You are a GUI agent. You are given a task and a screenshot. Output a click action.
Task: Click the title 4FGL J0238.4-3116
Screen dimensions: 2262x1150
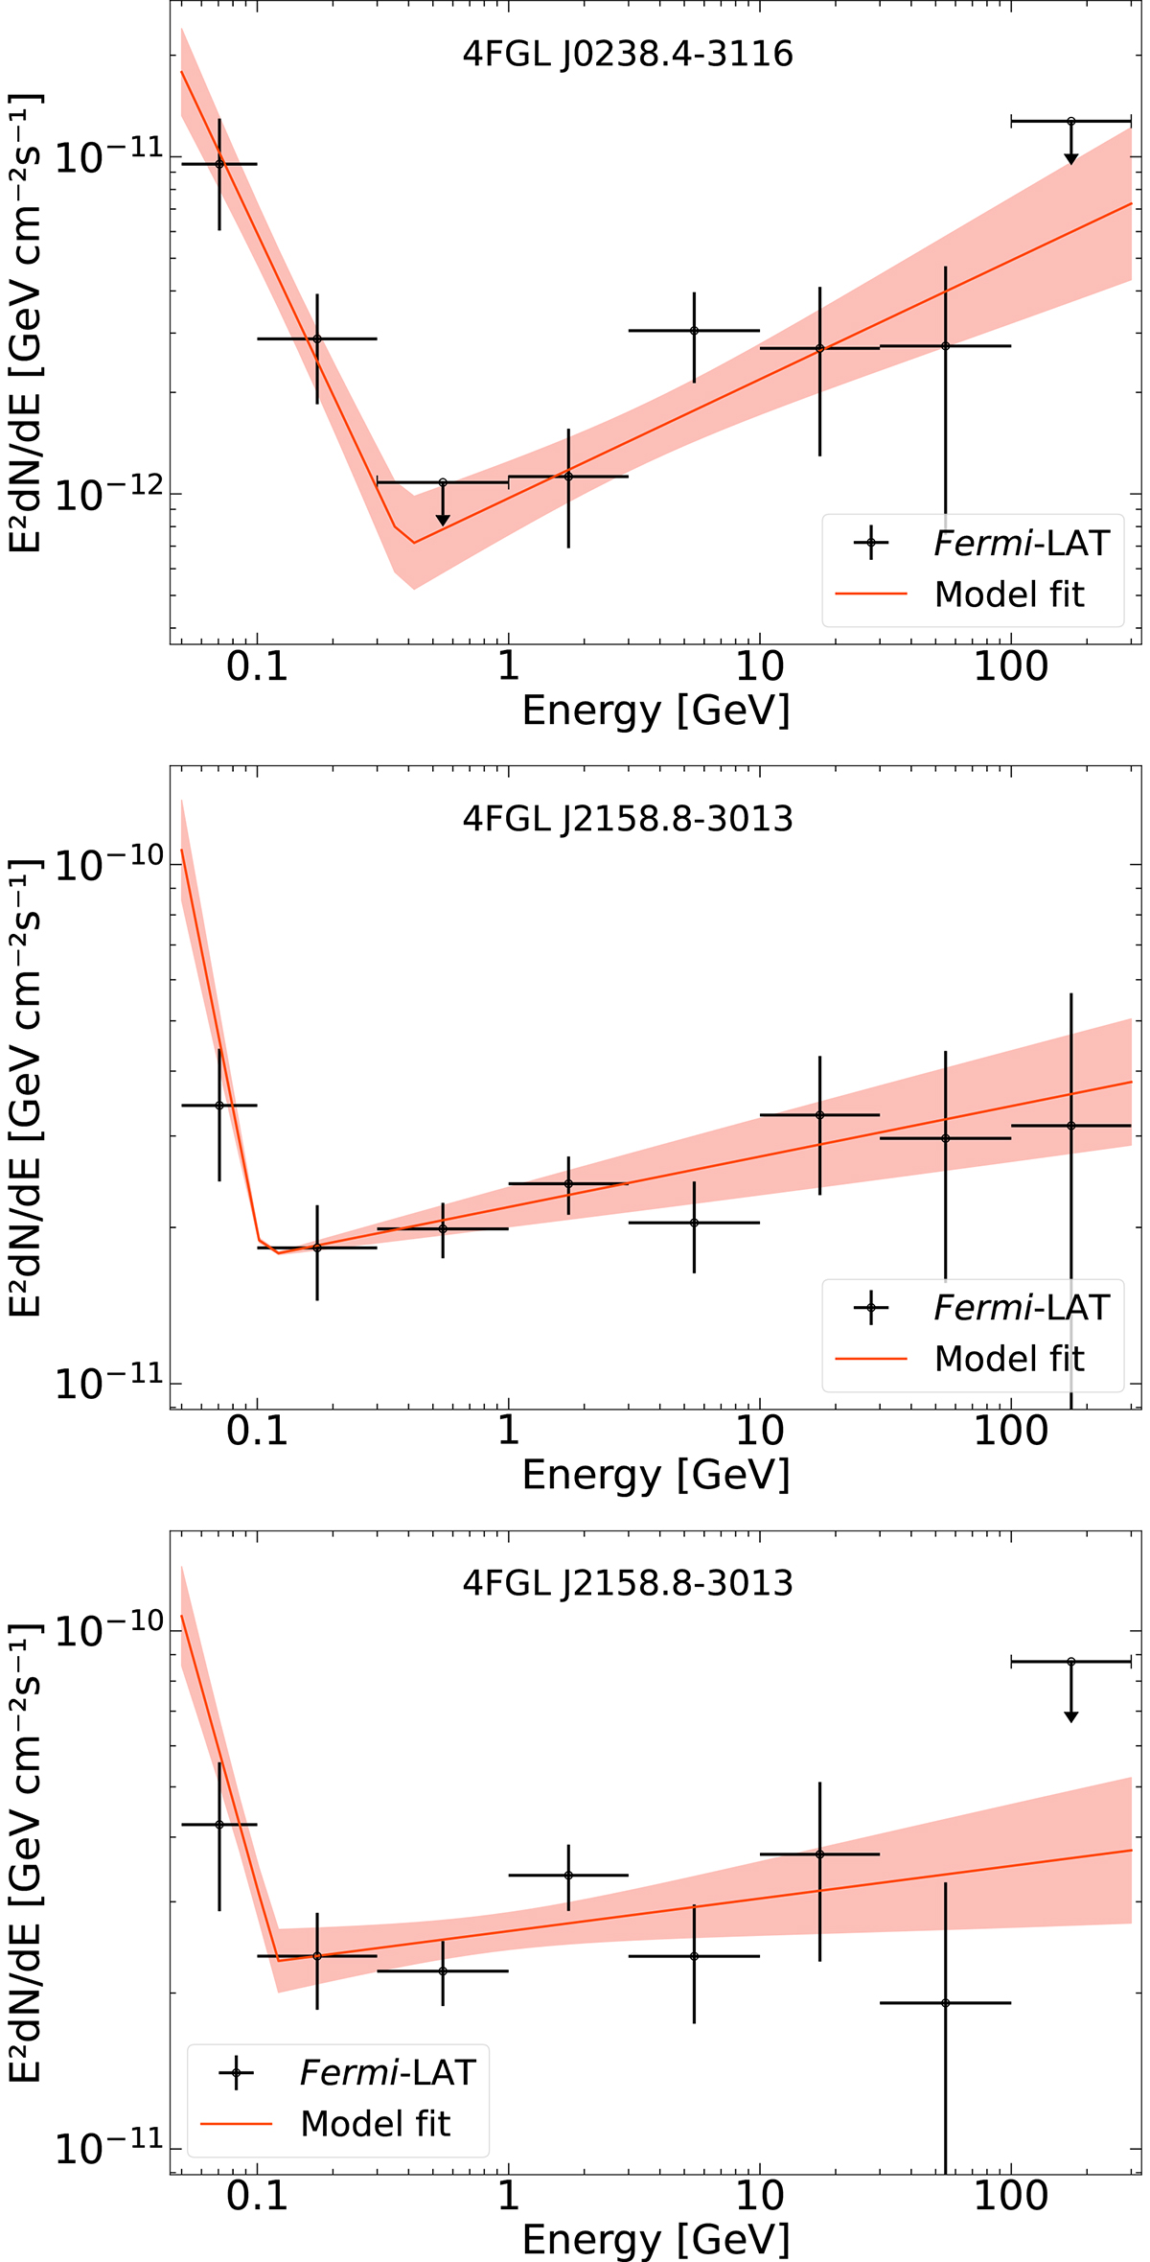click(x=628, y=55)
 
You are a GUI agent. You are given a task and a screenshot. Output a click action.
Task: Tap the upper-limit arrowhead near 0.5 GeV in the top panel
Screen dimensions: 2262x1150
click(x=443, y=520)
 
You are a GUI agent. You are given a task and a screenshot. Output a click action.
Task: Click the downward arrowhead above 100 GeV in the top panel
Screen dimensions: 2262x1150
click(x=1071, y=158)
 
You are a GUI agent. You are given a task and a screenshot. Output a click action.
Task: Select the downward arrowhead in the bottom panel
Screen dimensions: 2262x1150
click(x=1071, y=1715)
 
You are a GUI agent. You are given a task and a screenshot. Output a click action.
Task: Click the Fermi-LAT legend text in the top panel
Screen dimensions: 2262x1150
click(x=1022, y=544)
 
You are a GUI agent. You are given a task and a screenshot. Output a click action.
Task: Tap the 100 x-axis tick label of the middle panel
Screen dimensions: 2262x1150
click(x=1011, y=1431)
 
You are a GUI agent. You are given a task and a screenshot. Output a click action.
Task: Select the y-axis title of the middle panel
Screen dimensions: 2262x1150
click(x=26, y=1087)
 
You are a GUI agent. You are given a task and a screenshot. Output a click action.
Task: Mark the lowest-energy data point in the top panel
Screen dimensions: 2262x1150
click(x=219, y=164)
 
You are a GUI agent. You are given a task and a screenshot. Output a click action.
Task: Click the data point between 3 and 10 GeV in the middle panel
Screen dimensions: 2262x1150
click(x=694, y=1223)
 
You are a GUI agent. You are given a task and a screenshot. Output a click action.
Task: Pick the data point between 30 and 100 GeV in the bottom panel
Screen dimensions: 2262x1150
click(x=945, y=2003)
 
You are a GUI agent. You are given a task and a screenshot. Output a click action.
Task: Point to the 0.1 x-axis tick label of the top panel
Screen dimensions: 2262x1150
click(x=257, y=666)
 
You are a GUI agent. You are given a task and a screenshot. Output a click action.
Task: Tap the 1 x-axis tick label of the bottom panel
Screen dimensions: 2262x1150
click(x=508, y=2195)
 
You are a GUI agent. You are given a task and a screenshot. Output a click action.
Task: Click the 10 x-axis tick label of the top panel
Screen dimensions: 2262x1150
click(x=760, y=666)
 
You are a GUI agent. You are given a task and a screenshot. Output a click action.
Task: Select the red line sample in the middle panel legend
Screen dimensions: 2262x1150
click(x=871, y=1359)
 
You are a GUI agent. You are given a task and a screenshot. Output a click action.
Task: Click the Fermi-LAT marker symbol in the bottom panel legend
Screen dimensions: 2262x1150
click(x=237, y=2073)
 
